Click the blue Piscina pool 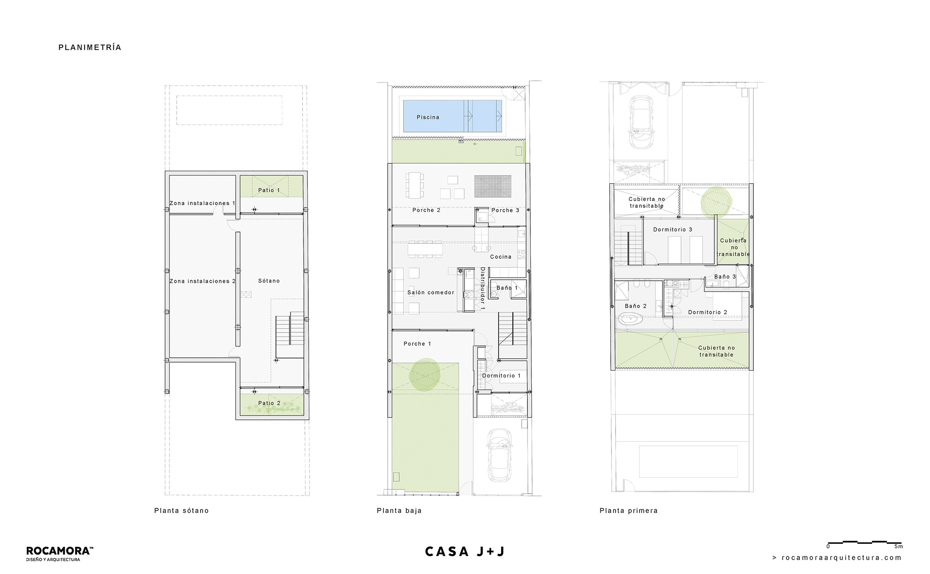coord(452,116)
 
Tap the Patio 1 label coord(269,190)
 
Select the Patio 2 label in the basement coord(269,403)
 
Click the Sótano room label coord(269,281)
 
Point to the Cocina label coord(501,257)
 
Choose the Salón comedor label coord(431,292)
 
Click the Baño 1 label coord(507,288)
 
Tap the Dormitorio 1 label coord(501,375)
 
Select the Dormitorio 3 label coord(672,230)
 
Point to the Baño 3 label coord(725,276)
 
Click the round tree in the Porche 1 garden coord(425,375)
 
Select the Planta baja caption coord(399,511)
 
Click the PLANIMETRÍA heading coord(90,47)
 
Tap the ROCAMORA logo coord(60,554)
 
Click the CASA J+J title coord(465,552)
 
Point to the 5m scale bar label coord(898,546)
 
